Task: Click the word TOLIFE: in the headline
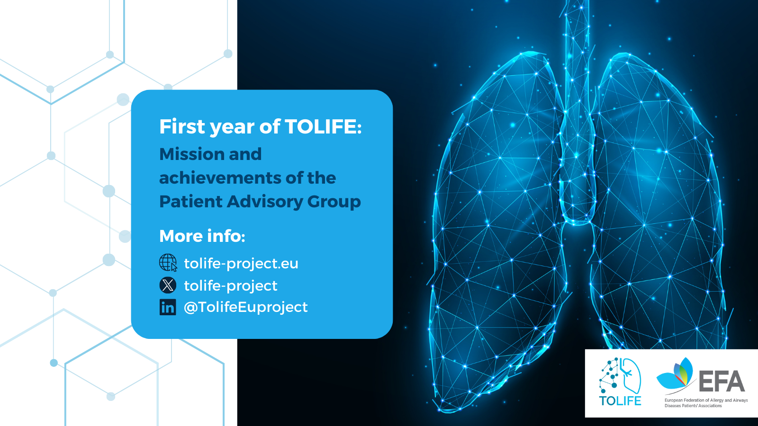(323, 126)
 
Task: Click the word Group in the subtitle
(334, 202)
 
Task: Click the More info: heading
(202, 236)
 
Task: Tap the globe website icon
(168, 263)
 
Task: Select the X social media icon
(168, 285)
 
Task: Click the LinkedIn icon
(168, 307)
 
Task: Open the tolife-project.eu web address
(241, 264)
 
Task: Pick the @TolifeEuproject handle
(246, 307)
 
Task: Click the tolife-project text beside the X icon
(230, 286)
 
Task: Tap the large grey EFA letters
(722, 381)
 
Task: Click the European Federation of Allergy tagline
(706, 403)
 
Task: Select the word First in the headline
(182, 126)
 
